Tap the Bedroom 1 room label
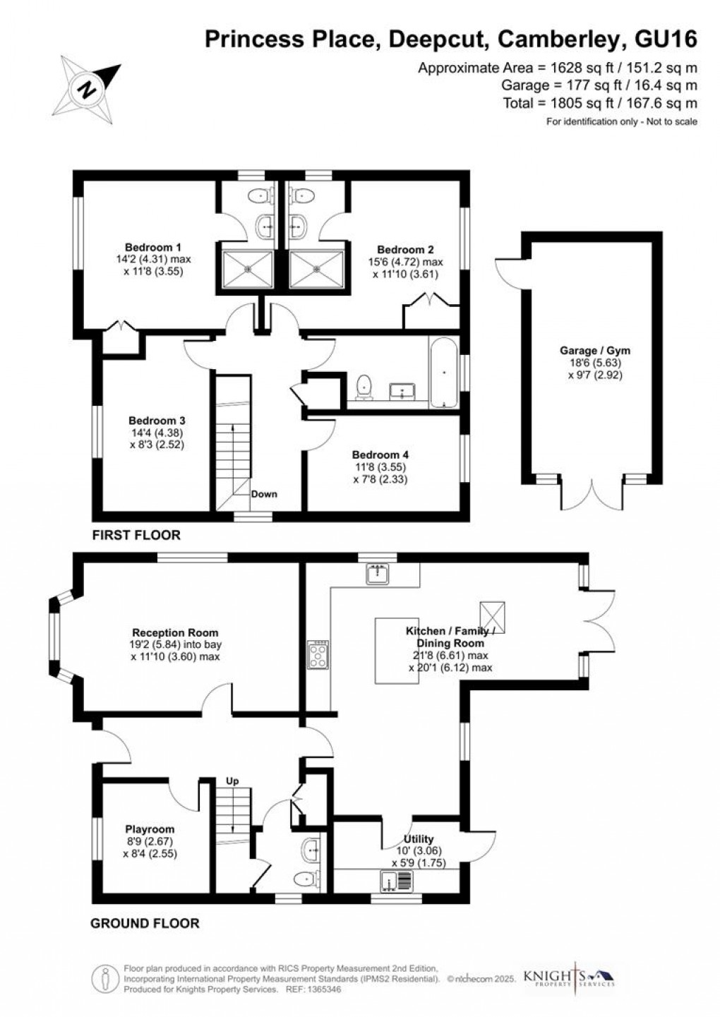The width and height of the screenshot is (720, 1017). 153,248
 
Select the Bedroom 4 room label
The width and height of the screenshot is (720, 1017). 380,455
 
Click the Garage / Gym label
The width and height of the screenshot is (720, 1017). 594,351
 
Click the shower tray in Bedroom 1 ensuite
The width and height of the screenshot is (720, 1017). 248,269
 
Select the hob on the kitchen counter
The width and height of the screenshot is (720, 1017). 318,654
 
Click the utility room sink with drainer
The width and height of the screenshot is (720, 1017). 397,881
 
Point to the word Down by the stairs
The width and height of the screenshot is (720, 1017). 264,494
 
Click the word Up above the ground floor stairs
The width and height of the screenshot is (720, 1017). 232,781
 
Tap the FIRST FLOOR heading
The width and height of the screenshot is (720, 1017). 136,535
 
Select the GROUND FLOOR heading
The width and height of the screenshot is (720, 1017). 145,923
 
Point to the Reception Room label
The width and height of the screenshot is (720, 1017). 175,632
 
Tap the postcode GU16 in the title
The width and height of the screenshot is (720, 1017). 666,39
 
